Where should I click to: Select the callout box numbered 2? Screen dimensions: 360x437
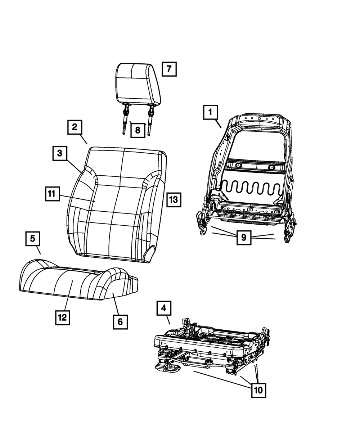[74, 127]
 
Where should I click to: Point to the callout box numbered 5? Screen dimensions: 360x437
[33, 238]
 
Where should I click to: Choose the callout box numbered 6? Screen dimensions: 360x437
[120, 322]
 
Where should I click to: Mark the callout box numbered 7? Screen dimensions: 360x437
[169, 68]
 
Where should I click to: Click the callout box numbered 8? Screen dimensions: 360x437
[138, 130]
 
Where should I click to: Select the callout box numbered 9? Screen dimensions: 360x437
[244, 237]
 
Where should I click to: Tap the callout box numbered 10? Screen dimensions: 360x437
[258, 389]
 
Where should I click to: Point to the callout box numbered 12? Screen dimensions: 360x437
[63, 317]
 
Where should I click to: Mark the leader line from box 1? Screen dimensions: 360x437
[218, 125]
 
